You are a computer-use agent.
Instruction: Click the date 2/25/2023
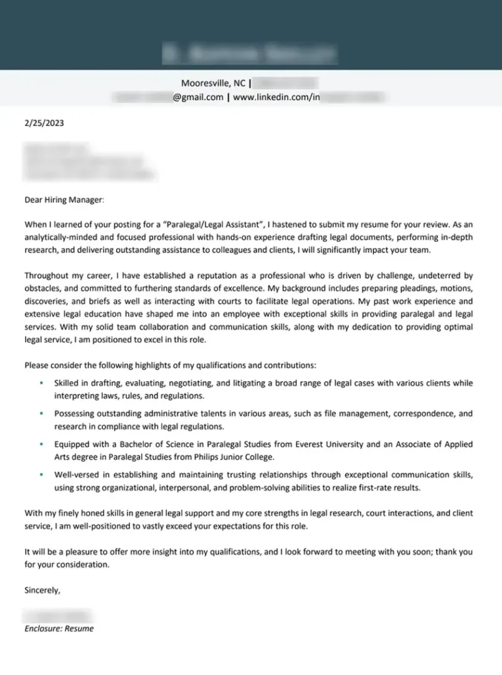pos(44,123)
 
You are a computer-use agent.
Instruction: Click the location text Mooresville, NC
pos(213,84)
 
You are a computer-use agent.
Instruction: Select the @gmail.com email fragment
pos(198,98)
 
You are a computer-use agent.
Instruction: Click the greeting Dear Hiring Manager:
pos(65,199)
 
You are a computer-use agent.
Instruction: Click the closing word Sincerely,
pos(42,591)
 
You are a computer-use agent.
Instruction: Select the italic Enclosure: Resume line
pos(59,629)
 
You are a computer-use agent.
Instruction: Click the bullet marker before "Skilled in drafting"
pos(41,383)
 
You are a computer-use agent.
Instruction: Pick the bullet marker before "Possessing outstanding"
pos(41,414)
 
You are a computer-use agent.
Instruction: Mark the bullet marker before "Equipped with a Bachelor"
pos(41,444)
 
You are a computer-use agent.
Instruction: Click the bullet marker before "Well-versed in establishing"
pos(41,475)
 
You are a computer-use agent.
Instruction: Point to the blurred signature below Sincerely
pos(57,616)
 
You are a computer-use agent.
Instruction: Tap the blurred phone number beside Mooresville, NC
pos(286,84)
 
